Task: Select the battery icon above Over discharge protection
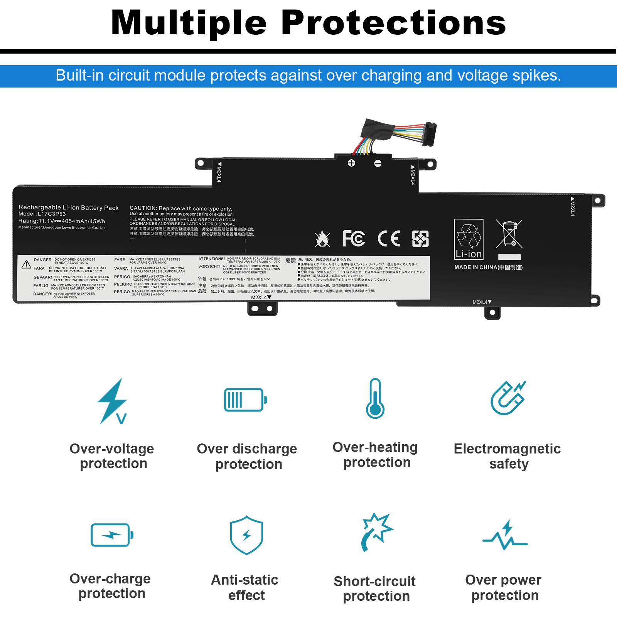click(246, 400)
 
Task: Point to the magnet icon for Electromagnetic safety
click(507, 398)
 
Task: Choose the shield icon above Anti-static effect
click(246, 535)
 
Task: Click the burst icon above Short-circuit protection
click(376, 531)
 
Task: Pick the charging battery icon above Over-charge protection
click(112, 535)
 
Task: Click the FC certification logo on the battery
click(354, 238)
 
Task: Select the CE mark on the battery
click(389, 238)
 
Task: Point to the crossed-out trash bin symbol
click(509, 234)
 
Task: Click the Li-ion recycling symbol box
click(469, 239)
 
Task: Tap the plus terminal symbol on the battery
click(351, 163)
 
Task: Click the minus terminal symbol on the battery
click(378, 164)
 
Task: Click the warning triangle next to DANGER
click(26, 264)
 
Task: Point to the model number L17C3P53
click(52, 214)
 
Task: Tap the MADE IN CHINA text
click(488, 267)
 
